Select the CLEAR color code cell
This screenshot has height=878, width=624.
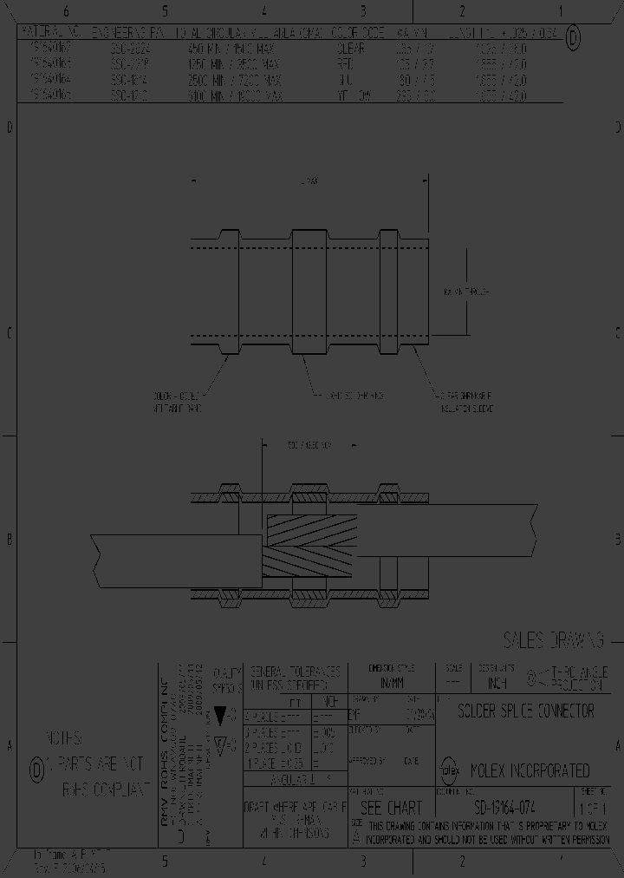point(350,49)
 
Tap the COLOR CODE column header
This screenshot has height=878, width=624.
point(359,35)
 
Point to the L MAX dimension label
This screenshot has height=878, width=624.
point(307,180)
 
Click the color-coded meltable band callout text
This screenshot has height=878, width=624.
point(176,402)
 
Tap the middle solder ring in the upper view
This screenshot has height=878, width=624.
point(309,292)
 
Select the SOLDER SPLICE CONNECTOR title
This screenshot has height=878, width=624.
point(526,711)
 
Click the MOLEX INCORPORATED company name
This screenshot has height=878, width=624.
point(529,770)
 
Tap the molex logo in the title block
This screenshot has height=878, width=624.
point(451,770)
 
